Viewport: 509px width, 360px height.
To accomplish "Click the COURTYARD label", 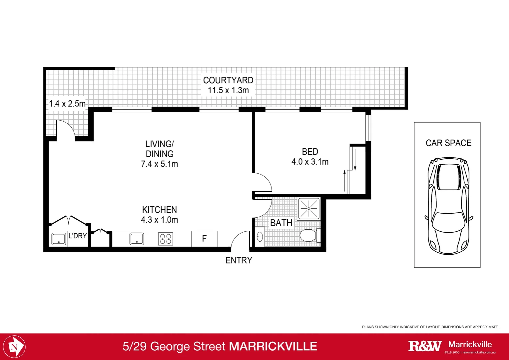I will pos(228,80).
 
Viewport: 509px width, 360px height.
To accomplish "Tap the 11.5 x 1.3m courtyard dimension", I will pos(228,90).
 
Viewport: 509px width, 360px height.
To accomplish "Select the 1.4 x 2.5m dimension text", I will pos(67,104).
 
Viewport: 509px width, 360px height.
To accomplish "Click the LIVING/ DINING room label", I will pos(160,149).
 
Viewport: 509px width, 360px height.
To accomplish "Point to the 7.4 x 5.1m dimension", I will pos(160,164).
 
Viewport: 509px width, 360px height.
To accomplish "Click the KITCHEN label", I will pos(160,210).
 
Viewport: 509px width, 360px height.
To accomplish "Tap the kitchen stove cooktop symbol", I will pos(166,239).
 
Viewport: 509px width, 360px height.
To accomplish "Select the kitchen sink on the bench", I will pos(137,239).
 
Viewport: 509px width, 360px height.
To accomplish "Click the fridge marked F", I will pos(205,239).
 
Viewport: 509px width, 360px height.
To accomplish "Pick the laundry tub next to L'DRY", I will pos(59,239).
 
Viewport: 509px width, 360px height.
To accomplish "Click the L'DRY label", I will pos(78,236).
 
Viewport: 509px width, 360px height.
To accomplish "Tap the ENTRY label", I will pos(239,260).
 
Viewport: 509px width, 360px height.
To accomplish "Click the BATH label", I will pos(281,223).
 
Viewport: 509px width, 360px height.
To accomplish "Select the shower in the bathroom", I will pos(309,209).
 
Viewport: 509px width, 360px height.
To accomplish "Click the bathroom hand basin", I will pos(260,237).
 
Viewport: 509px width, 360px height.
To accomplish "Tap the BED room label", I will pos(310,152).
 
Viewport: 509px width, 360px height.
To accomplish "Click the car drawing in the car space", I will pos(448,206).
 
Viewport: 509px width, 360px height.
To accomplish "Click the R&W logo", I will pos(425,346).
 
